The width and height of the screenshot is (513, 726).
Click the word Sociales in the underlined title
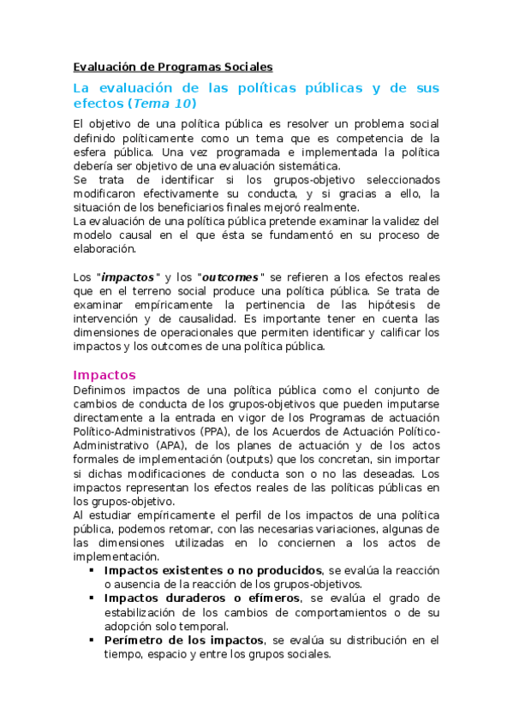click(245, 66)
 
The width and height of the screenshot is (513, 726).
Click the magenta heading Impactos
click(104, 375)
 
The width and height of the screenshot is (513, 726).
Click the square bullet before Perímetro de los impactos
click(92, 640)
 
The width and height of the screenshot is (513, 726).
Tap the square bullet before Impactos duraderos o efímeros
click(92, 598)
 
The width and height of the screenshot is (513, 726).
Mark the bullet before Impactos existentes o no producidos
click(92, 570)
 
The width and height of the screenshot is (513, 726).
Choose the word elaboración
click(104, 248)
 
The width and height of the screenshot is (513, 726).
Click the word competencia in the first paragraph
click(373, 138)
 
